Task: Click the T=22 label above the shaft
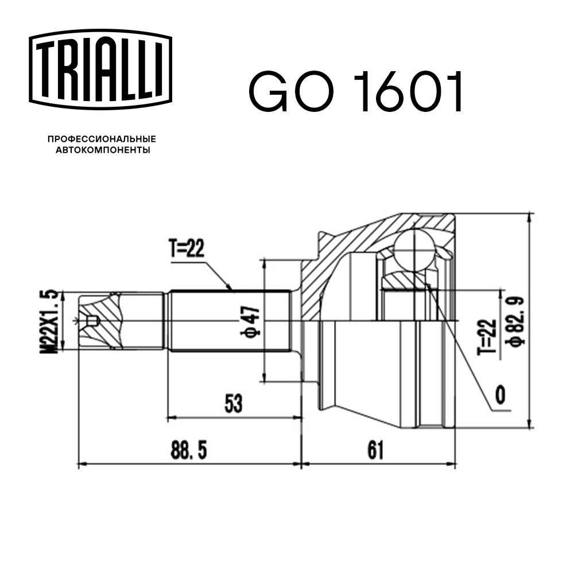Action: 187,249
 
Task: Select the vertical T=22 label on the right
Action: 487,336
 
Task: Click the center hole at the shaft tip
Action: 90,321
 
